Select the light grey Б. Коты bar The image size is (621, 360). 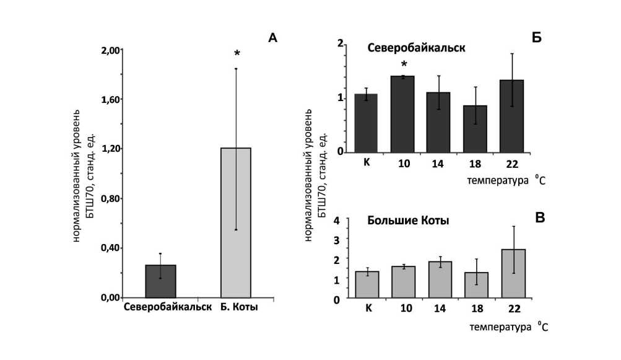pos(236,223)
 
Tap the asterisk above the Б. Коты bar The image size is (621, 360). pos(237,55)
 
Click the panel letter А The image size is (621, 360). pos(272,38)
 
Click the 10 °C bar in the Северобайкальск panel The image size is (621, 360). pos(403,115)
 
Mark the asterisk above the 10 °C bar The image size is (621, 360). pos(404,64)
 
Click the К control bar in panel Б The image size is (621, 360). pos(366,124)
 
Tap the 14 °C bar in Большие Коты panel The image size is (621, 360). pos(440,280)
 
